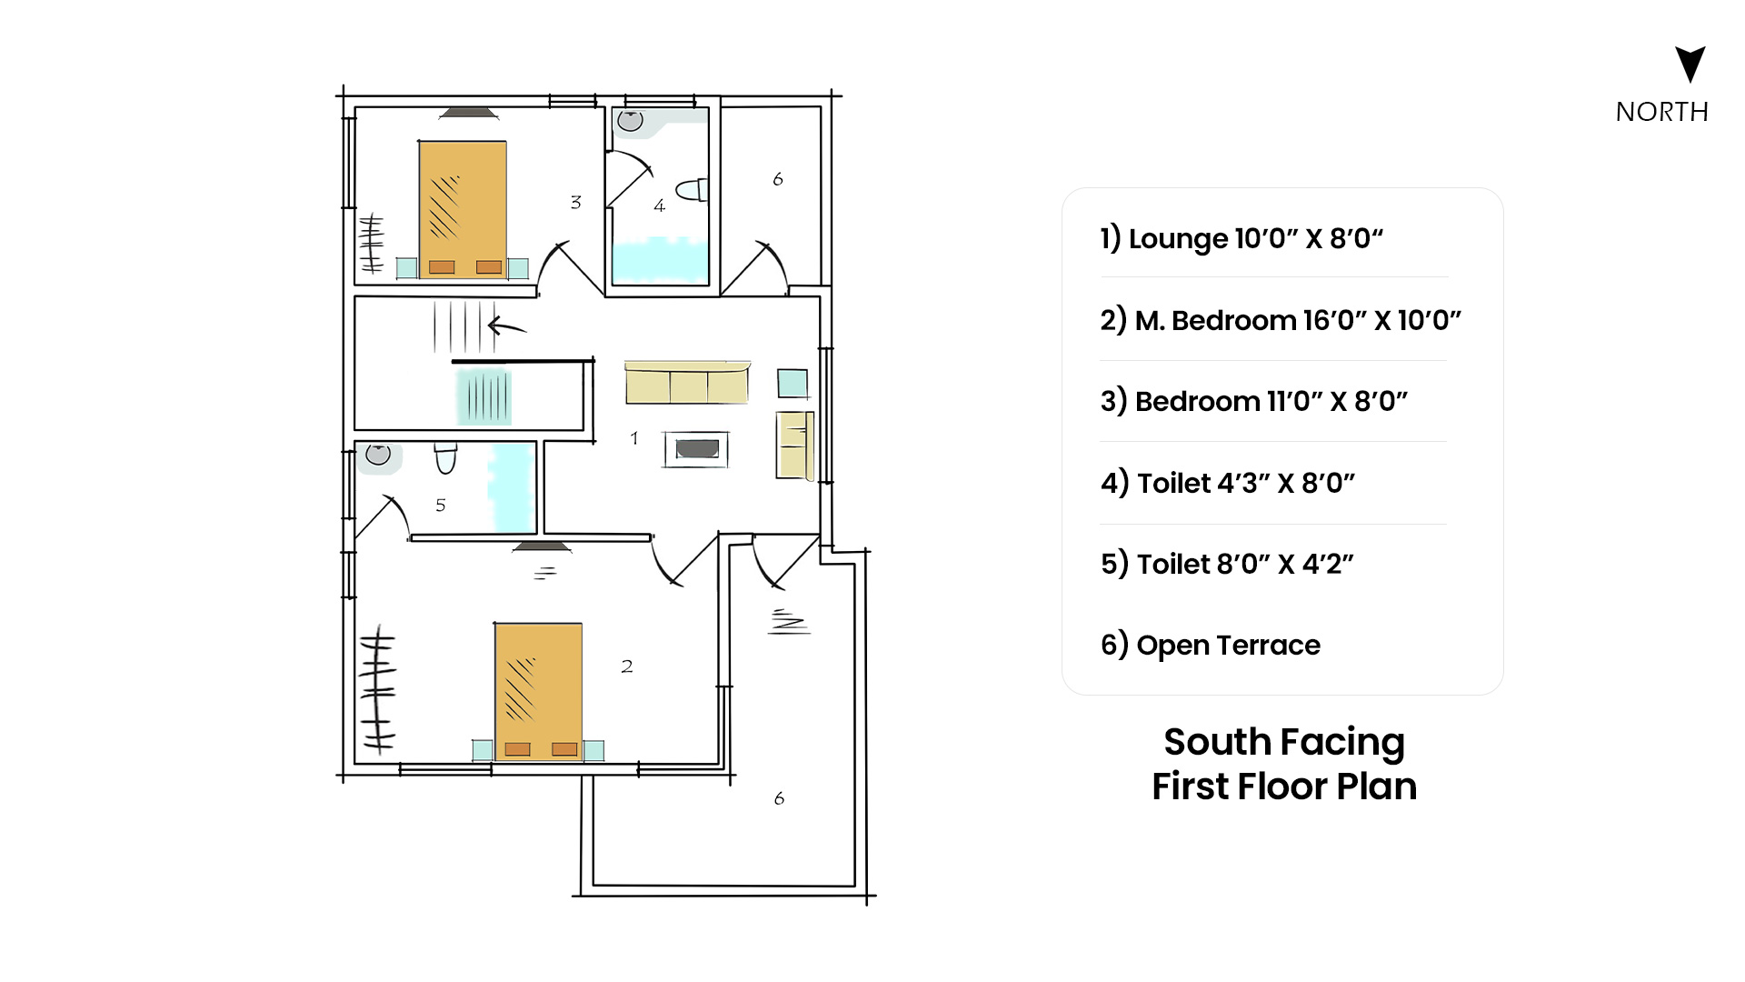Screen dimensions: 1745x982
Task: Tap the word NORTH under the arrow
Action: pos(1662,112)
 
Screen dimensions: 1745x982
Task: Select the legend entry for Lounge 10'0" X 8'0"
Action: pos(1241,238)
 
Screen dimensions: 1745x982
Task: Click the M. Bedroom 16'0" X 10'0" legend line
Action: pos(1281,320)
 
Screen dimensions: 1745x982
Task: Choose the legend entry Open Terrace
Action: pos(1211,645)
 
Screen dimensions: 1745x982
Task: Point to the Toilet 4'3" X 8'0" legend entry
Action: pos(1228,483)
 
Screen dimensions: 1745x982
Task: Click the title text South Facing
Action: pos(1284,742)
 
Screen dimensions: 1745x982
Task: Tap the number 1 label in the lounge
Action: pos(634,437)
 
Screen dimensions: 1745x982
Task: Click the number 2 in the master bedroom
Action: pos(627,666)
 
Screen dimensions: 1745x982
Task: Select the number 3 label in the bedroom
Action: pos(575,202)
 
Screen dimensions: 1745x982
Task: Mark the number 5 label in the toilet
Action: pos(441,505)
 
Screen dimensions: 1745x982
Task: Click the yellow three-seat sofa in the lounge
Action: pos(687,382)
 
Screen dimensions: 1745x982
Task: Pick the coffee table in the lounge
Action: pos(696,449)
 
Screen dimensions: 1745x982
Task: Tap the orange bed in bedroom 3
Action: pos(463,208)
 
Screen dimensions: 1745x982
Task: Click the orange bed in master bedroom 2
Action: pos(538,691)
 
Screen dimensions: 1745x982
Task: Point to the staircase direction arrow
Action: pos(507,326)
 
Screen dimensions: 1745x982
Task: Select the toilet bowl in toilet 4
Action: pos(693,190)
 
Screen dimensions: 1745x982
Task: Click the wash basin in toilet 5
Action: pos(378,454)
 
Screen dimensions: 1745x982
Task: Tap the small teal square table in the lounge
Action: pos(793,383)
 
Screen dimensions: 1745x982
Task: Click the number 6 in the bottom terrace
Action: pos(779,798)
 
